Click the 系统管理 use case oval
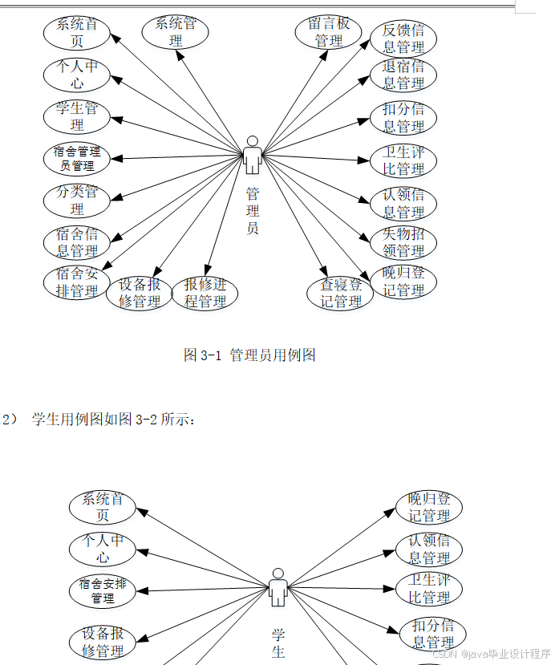coord(176,31)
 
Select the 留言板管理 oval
coord(329,31)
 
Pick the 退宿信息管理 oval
coord(403,75)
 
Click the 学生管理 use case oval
coord(76,116)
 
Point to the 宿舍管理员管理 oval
coord(76,158)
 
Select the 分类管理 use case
coord(76,201)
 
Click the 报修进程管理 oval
coord(205,293)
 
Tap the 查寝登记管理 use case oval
coord(341,293)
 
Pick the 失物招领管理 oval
coord(403,243)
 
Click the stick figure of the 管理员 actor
coord(253,155)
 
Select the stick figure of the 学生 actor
coord(278,587)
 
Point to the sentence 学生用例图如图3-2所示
coord(112,419)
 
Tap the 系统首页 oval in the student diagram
coord(102,507)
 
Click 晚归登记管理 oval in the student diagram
coord(429,507)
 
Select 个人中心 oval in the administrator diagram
coord(76,75)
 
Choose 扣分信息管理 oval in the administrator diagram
coord(403,117)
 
